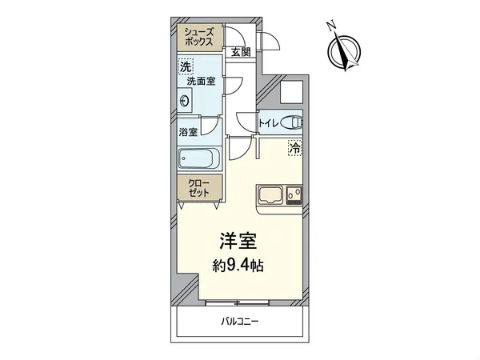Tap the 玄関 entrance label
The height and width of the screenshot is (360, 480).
pyautogui.click(x=240, y=52)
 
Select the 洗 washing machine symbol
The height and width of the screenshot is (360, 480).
pyautogui.click(x=186, y=67)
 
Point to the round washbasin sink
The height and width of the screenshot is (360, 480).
pyautogui.click(x=186, y=101)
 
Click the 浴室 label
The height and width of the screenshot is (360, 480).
pyautogui.click(x=189, y=132)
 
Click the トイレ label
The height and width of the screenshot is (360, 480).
pyautogui.click(x=268, y=123)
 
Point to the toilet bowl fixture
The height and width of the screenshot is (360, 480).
pyautogui.click(x=294, y=123)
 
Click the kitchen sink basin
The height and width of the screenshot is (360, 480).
pyautogui.click(x=270, y=194)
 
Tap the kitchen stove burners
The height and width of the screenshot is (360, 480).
pyautogui.click(x=292, y=194)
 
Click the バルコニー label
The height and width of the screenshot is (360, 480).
pyautogui.click(x=240, y=322)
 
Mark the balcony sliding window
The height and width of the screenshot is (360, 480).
pyautogui.click(x=240, y=302)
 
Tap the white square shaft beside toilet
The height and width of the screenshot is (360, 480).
pyautogui.click(x=292, y=94)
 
